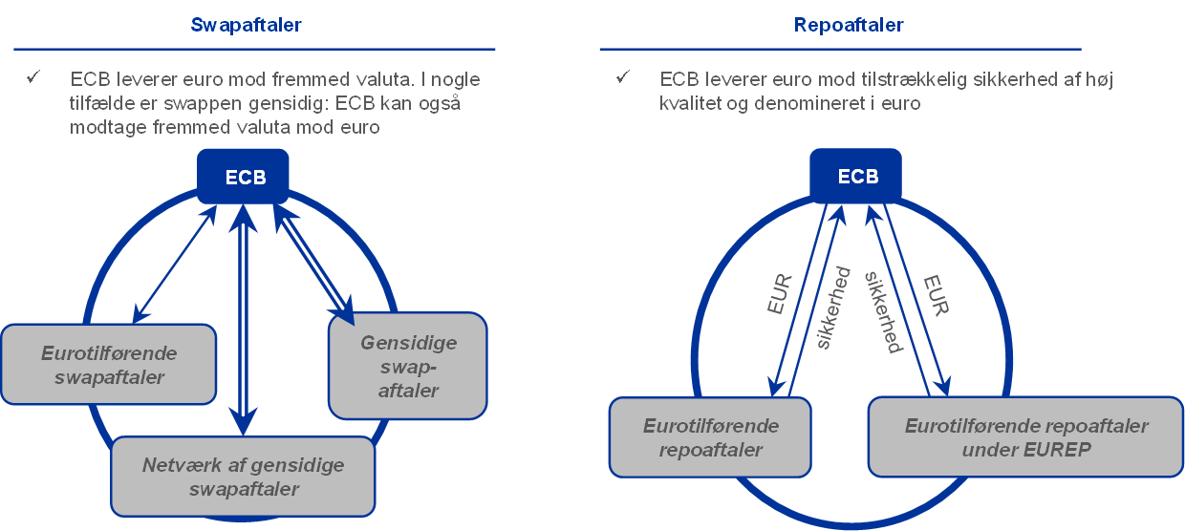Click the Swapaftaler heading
(x=247, y=25)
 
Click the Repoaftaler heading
(x=849, y=25)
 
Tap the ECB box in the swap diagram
(x=246, y=178)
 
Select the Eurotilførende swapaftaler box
(x=109, y=364)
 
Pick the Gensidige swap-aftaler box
(x=408, y=366)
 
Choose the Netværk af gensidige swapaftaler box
(x=243, y=477)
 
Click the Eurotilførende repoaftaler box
(x=711, y=437)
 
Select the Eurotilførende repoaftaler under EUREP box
(x=1026, y=437)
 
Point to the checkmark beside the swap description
(x=33, y=77)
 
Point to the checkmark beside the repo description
(x=623, y=77)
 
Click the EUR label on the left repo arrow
(x=780, y=295)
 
